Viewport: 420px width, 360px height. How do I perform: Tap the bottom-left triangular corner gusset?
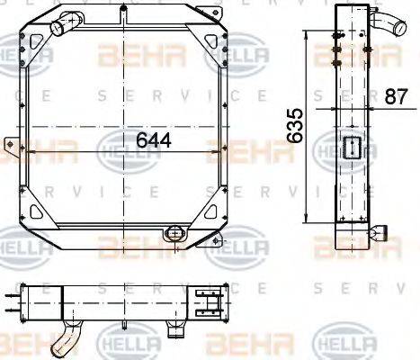[x=39, y=213]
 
